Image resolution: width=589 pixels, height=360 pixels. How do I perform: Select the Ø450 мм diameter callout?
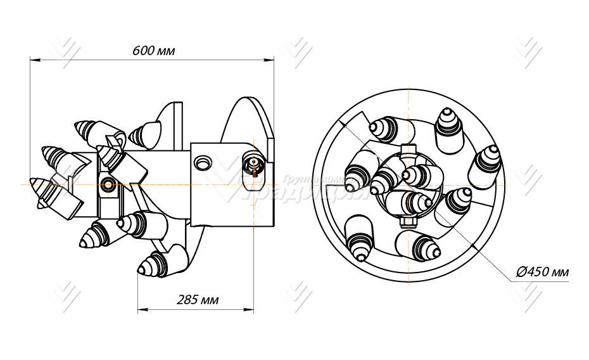pos(543,273)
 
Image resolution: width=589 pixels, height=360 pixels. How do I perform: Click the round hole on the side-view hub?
pos(203,163)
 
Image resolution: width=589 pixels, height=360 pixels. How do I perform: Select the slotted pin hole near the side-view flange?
pos(252,166)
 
